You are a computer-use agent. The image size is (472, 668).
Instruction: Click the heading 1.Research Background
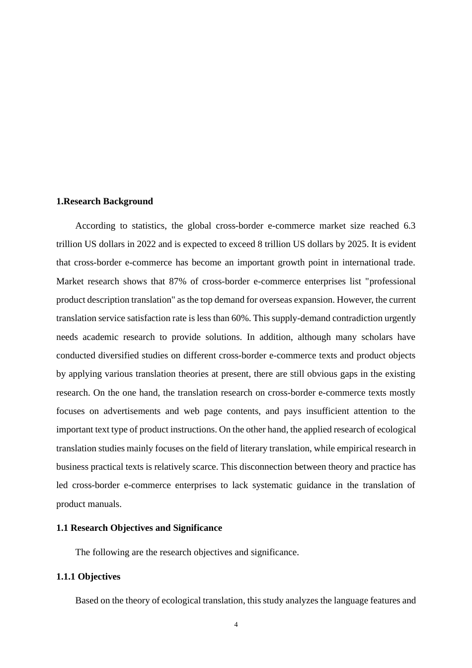(104, 201)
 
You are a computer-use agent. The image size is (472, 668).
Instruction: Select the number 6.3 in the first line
(409, 226)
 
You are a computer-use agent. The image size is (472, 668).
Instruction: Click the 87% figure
(177, 281)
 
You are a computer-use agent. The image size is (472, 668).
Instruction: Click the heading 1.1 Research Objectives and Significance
(139, 528)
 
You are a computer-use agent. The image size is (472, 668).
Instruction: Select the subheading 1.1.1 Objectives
(88, 577)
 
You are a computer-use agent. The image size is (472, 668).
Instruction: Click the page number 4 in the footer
(236, 625)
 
